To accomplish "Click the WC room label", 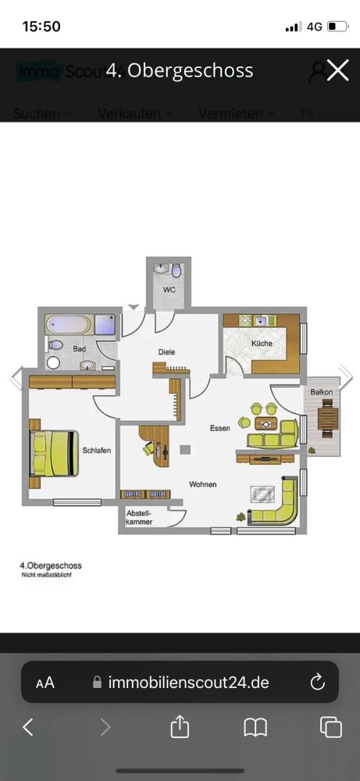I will coord(169,290).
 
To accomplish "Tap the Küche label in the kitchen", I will coord(261,344).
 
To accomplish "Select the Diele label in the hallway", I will coord(166,352).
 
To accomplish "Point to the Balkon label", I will coord(321,391).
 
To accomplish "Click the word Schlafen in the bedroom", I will coord(97,451).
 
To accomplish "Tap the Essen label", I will coord(219,428).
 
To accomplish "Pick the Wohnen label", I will coord(202,484).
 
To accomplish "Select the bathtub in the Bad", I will coord(69,324).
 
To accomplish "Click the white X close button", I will coord(337,70).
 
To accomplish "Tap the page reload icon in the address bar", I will coord(318,682).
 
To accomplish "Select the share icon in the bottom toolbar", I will coord(180,728).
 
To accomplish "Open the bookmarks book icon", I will coord(255,728).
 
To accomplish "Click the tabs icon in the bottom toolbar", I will coord(331,728).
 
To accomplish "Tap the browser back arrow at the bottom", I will coord(28,728).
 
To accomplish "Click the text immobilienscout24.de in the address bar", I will coord(188,682).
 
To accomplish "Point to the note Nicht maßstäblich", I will coord(46,576).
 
